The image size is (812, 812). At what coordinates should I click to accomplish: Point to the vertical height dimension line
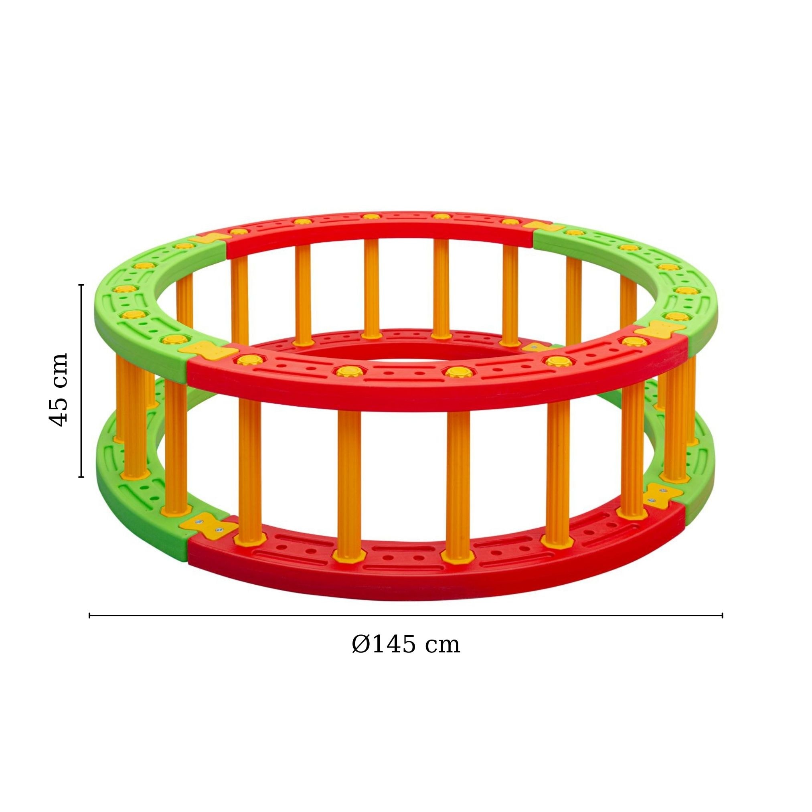[81, 381]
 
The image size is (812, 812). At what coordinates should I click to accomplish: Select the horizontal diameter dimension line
[405, 615]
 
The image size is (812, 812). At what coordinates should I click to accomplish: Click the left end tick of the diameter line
[89, 615]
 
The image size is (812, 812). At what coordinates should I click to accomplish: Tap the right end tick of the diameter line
[722, 615]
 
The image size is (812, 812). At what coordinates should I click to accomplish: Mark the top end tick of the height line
[81, 285]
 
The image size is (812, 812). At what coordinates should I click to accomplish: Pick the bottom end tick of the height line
[81, 477]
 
